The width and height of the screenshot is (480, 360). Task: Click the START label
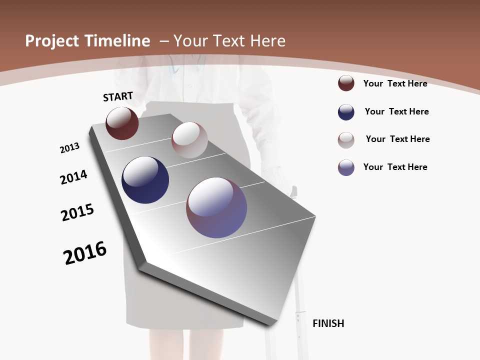pos(118,96)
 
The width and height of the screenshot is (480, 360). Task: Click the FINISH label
pos(328,323)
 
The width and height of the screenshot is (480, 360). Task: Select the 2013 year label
pos(69,147)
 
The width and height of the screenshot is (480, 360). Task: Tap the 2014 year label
pos(73,177)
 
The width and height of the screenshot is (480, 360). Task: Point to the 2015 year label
pos(77,212)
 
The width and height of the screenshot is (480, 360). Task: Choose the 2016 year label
pos(85,253)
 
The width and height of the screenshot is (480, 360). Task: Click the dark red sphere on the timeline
pos(122,123)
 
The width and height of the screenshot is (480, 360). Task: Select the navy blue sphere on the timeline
pos(145,180)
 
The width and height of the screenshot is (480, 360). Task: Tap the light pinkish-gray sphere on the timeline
pos(189,140)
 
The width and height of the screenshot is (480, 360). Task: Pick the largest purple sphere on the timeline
pos(216,207)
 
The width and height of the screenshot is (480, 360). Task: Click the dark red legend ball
pos(346,83)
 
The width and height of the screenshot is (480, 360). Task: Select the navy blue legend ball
pos(346,112)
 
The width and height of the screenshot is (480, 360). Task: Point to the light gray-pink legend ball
pos(346,140)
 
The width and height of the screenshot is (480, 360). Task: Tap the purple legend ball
pos(346,167)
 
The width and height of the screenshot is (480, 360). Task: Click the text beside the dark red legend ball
pos(395,83)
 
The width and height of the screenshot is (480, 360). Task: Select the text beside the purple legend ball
pos(395,167)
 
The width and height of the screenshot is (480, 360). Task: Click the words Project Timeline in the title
pos(87,41)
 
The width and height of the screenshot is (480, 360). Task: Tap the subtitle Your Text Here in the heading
pos(229,41)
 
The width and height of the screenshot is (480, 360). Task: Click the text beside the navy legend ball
pos(396,111)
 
